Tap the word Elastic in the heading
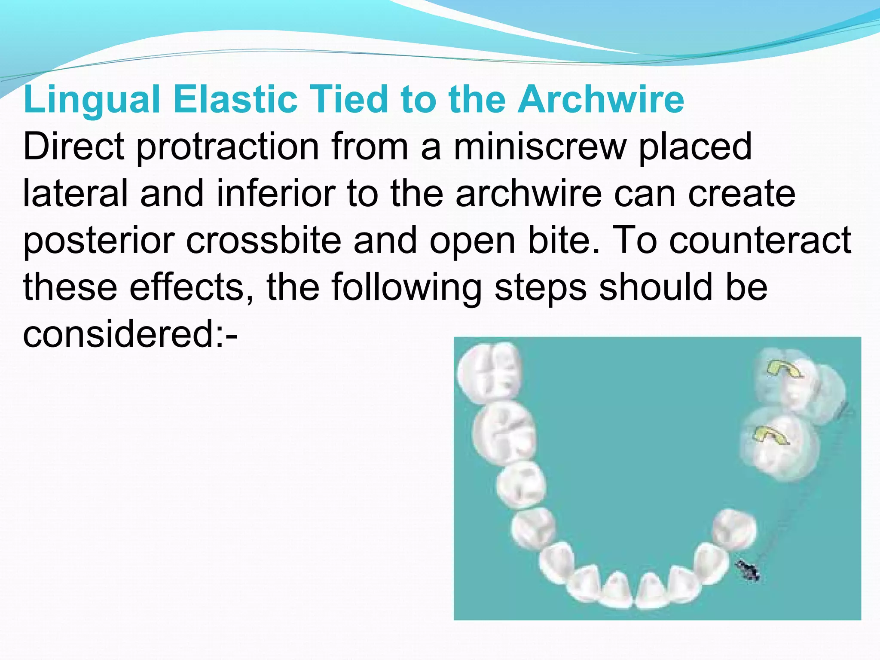click(235, 100)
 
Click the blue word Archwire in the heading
click(600, 100)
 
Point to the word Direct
click(74, 147)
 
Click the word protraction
click(228, 147)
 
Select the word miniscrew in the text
click(541, 147)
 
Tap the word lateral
click(76, 194)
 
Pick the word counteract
click(760, 241)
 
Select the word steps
click(541, 287)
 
